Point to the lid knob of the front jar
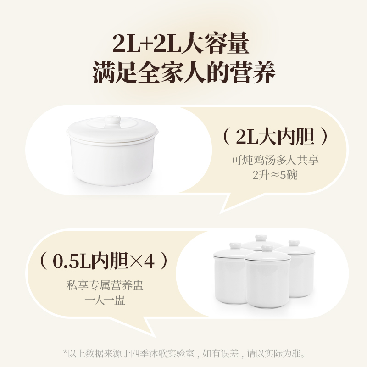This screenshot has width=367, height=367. [267, 249]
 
